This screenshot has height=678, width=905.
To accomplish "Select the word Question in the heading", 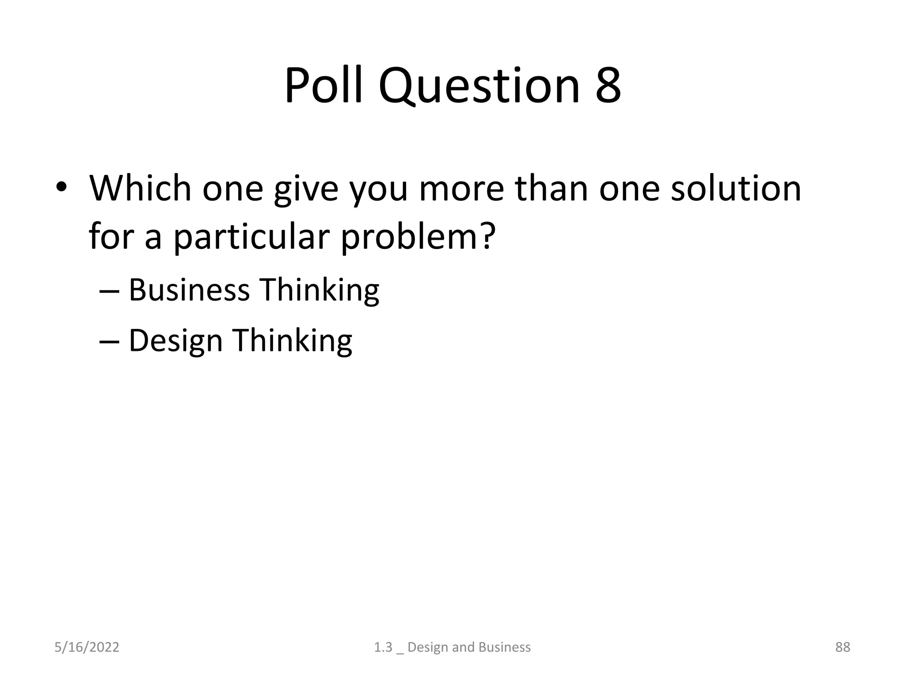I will point(478,86).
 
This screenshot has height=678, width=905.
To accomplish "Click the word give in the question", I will point(306,190).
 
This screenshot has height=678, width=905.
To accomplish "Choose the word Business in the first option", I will point(189,290).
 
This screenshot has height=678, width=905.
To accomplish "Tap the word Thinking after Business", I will point(319,290).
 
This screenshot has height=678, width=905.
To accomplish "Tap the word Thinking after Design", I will point(292,341).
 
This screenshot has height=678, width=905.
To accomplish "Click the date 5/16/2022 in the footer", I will point(87,647).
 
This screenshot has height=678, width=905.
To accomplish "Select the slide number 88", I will point(842,647).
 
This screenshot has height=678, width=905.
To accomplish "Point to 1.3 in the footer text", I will point(383,647).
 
